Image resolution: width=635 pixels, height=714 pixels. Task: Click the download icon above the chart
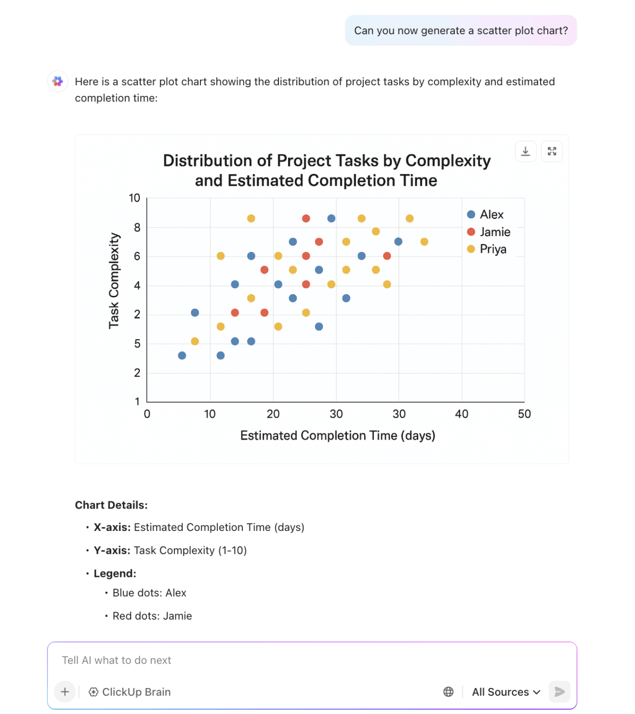[525, 151]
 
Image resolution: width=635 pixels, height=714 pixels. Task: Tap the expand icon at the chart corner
[552, 151]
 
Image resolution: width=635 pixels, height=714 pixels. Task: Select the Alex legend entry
[485, 214]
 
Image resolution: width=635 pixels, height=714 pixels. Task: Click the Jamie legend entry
[489, 232]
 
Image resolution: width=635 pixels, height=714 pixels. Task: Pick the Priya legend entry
[487, 249]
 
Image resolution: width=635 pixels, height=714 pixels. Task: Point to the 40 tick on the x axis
[462, 414]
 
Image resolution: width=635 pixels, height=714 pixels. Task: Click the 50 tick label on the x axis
[524, 414]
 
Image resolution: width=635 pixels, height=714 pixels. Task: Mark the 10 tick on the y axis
[134, 198]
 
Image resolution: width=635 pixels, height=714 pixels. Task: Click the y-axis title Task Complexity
[114, 281]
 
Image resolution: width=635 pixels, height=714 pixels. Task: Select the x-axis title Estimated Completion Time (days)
[338, 436]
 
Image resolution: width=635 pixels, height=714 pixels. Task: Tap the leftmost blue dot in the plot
[182, 355]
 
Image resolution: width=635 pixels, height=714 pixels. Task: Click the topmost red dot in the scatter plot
[306, 218]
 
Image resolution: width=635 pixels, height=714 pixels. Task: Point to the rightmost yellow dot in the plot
[424, 242]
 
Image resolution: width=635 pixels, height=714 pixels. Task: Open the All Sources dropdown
[506, 692]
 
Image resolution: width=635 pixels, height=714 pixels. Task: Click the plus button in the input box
[65, 692]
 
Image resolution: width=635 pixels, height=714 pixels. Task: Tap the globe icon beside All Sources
[448, 692]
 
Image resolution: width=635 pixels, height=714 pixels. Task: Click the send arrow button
[559, 692]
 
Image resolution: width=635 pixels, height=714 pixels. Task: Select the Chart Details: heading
[111, 505]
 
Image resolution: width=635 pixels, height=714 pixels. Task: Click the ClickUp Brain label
[130, 692]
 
